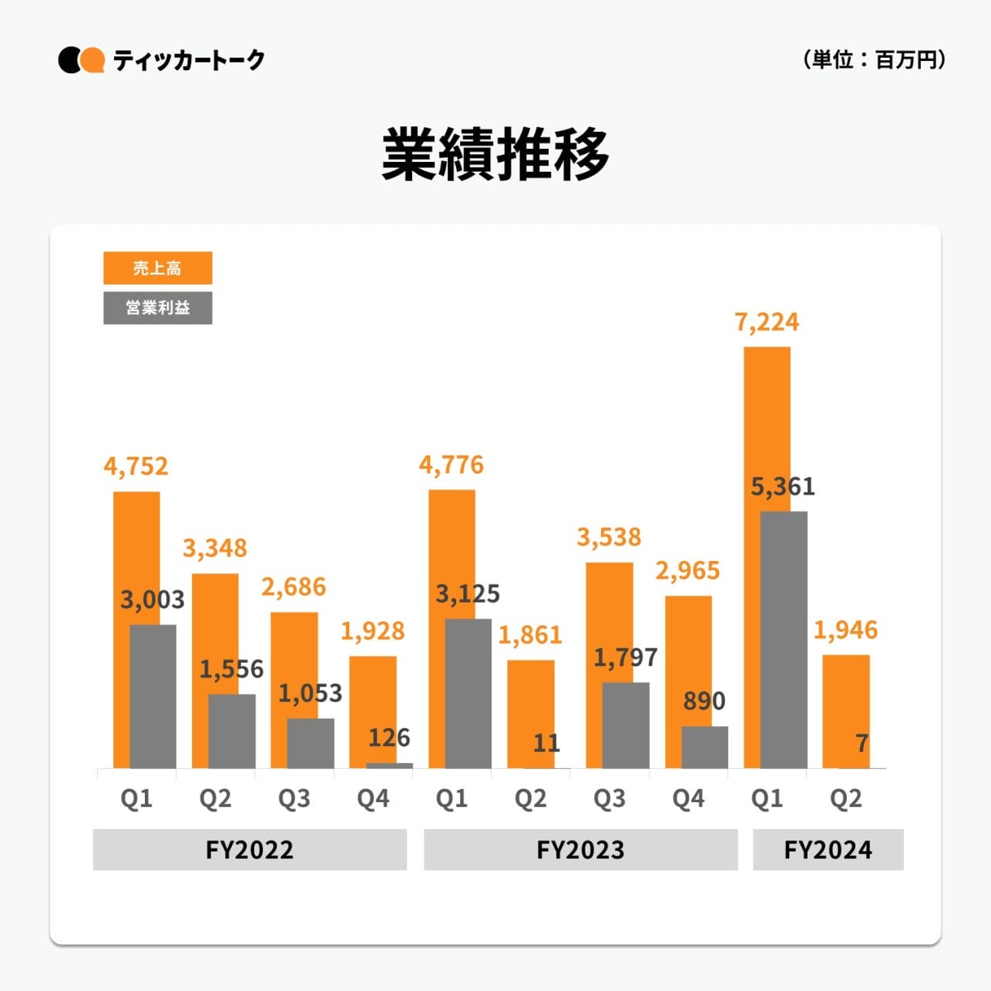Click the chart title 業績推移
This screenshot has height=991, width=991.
click(x=495, y=155)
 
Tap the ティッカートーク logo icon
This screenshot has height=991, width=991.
click(x=81, y=60)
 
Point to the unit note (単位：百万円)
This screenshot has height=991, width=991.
click(x=873, y=59)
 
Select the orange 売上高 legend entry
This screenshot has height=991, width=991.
click(x=157, y=268)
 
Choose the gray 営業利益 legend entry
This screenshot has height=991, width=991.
click(x=157, y=307)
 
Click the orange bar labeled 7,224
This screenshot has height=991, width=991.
click(x=767, y=424)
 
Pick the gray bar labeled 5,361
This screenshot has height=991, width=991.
click(x=784, y=640)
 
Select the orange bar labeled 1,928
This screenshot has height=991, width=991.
click(x=372, y=709)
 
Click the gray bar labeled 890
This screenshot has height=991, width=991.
click(x=704, y=747)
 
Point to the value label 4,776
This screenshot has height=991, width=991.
click(x=452, y=465)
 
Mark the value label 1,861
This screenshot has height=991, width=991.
click(x=530, y=635)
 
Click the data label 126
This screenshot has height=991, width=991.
click(x=389, y=737)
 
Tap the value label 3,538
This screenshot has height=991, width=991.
click(x=609, y=536)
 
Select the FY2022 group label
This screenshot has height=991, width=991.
click(x=250, y=849)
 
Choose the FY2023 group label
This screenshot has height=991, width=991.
click(x=580, y=849)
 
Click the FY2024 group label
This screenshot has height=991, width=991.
click(x=828, y=849)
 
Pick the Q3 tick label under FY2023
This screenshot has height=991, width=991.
click(x=609, y=798)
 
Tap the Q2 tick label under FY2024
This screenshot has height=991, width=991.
click(x=845, y=798)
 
